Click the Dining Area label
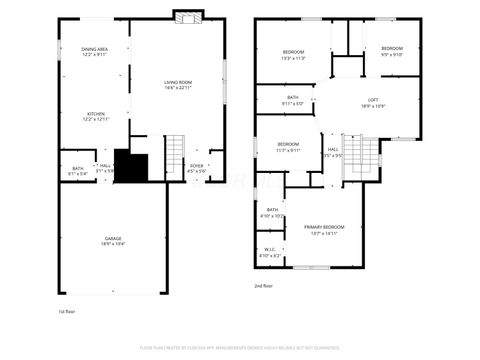click(96, 51)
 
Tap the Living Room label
click(178, 85)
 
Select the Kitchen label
click(96, 116)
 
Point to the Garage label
click(112, 240)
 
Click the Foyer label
click(196, 168)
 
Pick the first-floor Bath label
click(77, 170)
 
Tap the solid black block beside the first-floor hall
click(131, 165)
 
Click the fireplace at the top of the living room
click(186, 17)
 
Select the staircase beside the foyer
click(174, 155)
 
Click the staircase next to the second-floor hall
click(367, 156)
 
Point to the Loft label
click(373, 102)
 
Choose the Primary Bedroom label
click(324, 230)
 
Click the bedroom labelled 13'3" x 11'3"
click(293, 55)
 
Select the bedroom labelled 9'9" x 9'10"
click(391, 51)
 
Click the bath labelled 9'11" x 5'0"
click(292, 100)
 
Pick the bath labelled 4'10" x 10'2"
click(272, 212)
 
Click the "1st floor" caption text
click(67, 311)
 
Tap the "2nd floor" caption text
click(264, 285)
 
